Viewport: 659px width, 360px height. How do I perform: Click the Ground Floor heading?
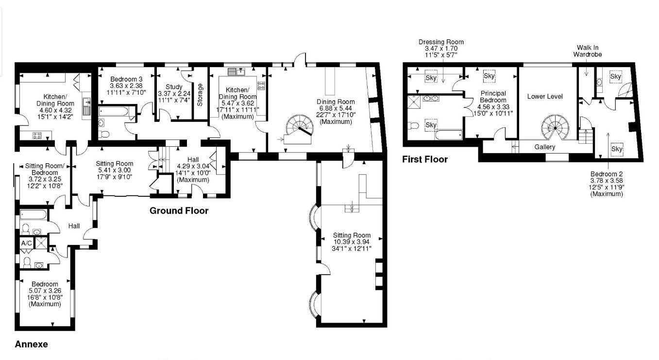coord(179,211)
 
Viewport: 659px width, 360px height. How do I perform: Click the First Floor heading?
coord(425,159)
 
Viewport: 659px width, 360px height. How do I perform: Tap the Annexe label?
coord(32,344)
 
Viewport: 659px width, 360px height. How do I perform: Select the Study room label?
coord(174,87)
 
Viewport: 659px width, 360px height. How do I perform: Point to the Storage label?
coord(200,95)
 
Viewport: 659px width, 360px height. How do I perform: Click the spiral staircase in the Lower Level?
coord(554,127)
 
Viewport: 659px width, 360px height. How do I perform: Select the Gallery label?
coord(544,147)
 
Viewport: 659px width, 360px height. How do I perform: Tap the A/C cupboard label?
coord(26,242)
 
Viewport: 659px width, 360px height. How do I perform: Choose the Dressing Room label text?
coord(441,42)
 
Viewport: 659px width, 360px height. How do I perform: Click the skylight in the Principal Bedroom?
coord(489,76)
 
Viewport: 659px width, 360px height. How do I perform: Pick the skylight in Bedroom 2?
coord(617,149)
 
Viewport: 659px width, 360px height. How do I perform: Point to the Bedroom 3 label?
coord(126,79)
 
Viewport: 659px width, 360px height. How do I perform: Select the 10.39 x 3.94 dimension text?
coord(352,242)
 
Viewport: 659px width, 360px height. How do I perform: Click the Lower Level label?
coord(545,97)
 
